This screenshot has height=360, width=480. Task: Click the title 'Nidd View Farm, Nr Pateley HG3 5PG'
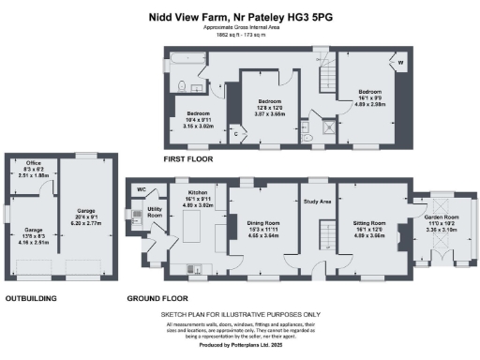coord(239,16)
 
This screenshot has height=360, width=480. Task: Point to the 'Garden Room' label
coord(441,217)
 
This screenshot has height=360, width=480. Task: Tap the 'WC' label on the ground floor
coord(142,187)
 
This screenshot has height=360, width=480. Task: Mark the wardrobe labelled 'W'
coord(401,64)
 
